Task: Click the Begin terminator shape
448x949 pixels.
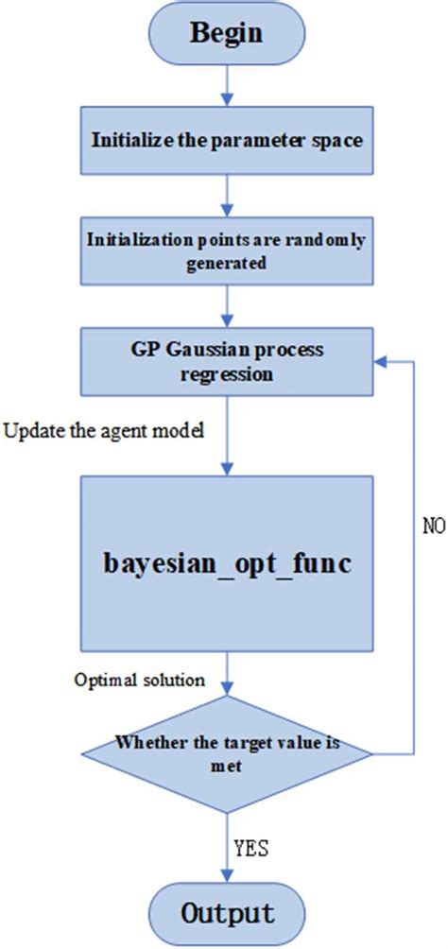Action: point(225,32)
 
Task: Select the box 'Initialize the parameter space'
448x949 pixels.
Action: point(225,141)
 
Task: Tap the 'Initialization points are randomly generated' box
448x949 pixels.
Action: point(225,250)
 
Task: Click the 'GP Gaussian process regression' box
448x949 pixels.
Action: point(225,362)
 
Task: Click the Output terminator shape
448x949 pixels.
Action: point(225,913)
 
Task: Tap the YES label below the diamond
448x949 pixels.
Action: point(250,848)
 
